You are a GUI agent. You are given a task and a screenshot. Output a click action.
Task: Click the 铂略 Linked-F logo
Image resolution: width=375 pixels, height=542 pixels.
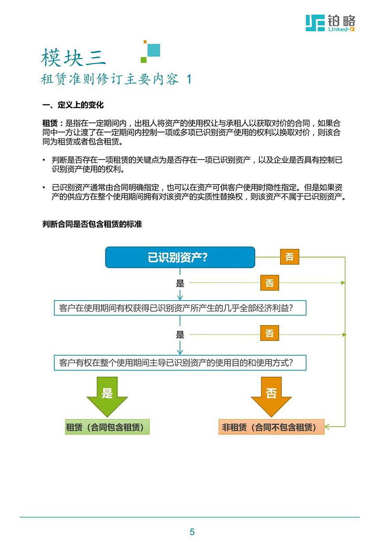coord(330,23)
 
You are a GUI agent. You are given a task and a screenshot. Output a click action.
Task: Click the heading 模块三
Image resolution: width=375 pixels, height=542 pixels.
coord(73,57)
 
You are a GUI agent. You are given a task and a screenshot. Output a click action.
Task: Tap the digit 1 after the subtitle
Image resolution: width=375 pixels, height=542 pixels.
coord(189,79)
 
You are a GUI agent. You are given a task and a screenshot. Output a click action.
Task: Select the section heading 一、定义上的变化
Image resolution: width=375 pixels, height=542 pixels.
coord(73,105)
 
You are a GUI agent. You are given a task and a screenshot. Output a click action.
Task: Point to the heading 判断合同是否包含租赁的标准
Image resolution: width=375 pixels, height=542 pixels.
coord(92,224)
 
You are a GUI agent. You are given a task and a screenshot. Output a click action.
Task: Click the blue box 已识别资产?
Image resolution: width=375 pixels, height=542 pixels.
coord(180,257)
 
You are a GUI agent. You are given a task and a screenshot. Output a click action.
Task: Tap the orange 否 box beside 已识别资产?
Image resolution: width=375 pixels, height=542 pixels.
coord(289,257)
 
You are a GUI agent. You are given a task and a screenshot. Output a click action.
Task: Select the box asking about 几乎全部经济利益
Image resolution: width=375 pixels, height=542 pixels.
coord(180,308)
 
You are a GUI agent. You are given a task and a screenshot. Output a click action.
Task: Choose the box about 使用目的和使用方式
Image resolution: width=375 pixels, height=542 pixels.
coord(180,363)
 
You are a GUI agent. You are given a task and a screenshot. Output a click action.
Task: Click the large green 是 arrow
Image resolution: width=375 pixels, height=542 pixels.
coord(107,397)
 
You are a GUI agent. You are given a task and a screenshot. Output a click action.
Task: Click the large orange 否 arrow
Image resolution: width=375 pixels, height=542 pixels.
coord(271,397)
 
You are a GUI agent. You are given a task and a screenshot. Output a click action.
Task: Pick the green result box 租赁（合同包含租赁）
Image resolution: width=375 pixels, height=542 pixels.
coord(107,427)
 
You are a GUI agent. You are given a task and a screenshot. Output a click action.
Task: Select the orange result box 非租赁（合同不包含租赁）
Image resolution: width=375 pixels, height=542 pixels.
coord(271,427)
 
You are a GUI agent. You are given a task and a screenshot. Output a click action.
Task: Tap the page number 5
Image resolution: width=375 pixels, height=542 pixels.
coord(192,532)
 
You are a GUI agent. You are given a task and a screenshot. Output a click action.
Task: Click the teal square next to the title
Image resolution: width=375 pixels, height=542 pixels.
coord(154,50)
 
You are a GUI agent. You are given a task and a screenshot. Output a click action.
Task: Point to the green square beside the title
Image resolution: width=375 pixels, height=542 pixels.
coord(143,60)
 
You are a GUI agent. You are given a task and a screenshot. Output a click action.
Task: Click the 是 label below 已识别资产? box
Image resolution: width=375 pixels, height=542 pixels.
coord(180,283)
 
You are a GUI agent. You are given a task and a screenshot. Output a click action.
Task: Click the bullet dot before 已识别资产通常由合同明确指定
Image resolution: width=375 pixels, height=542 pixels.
coord(44,187)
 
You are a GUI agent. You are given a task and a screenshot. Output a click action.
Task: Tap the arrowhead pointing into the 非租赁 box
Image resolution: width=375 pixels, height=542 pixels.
coord(327,427)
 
